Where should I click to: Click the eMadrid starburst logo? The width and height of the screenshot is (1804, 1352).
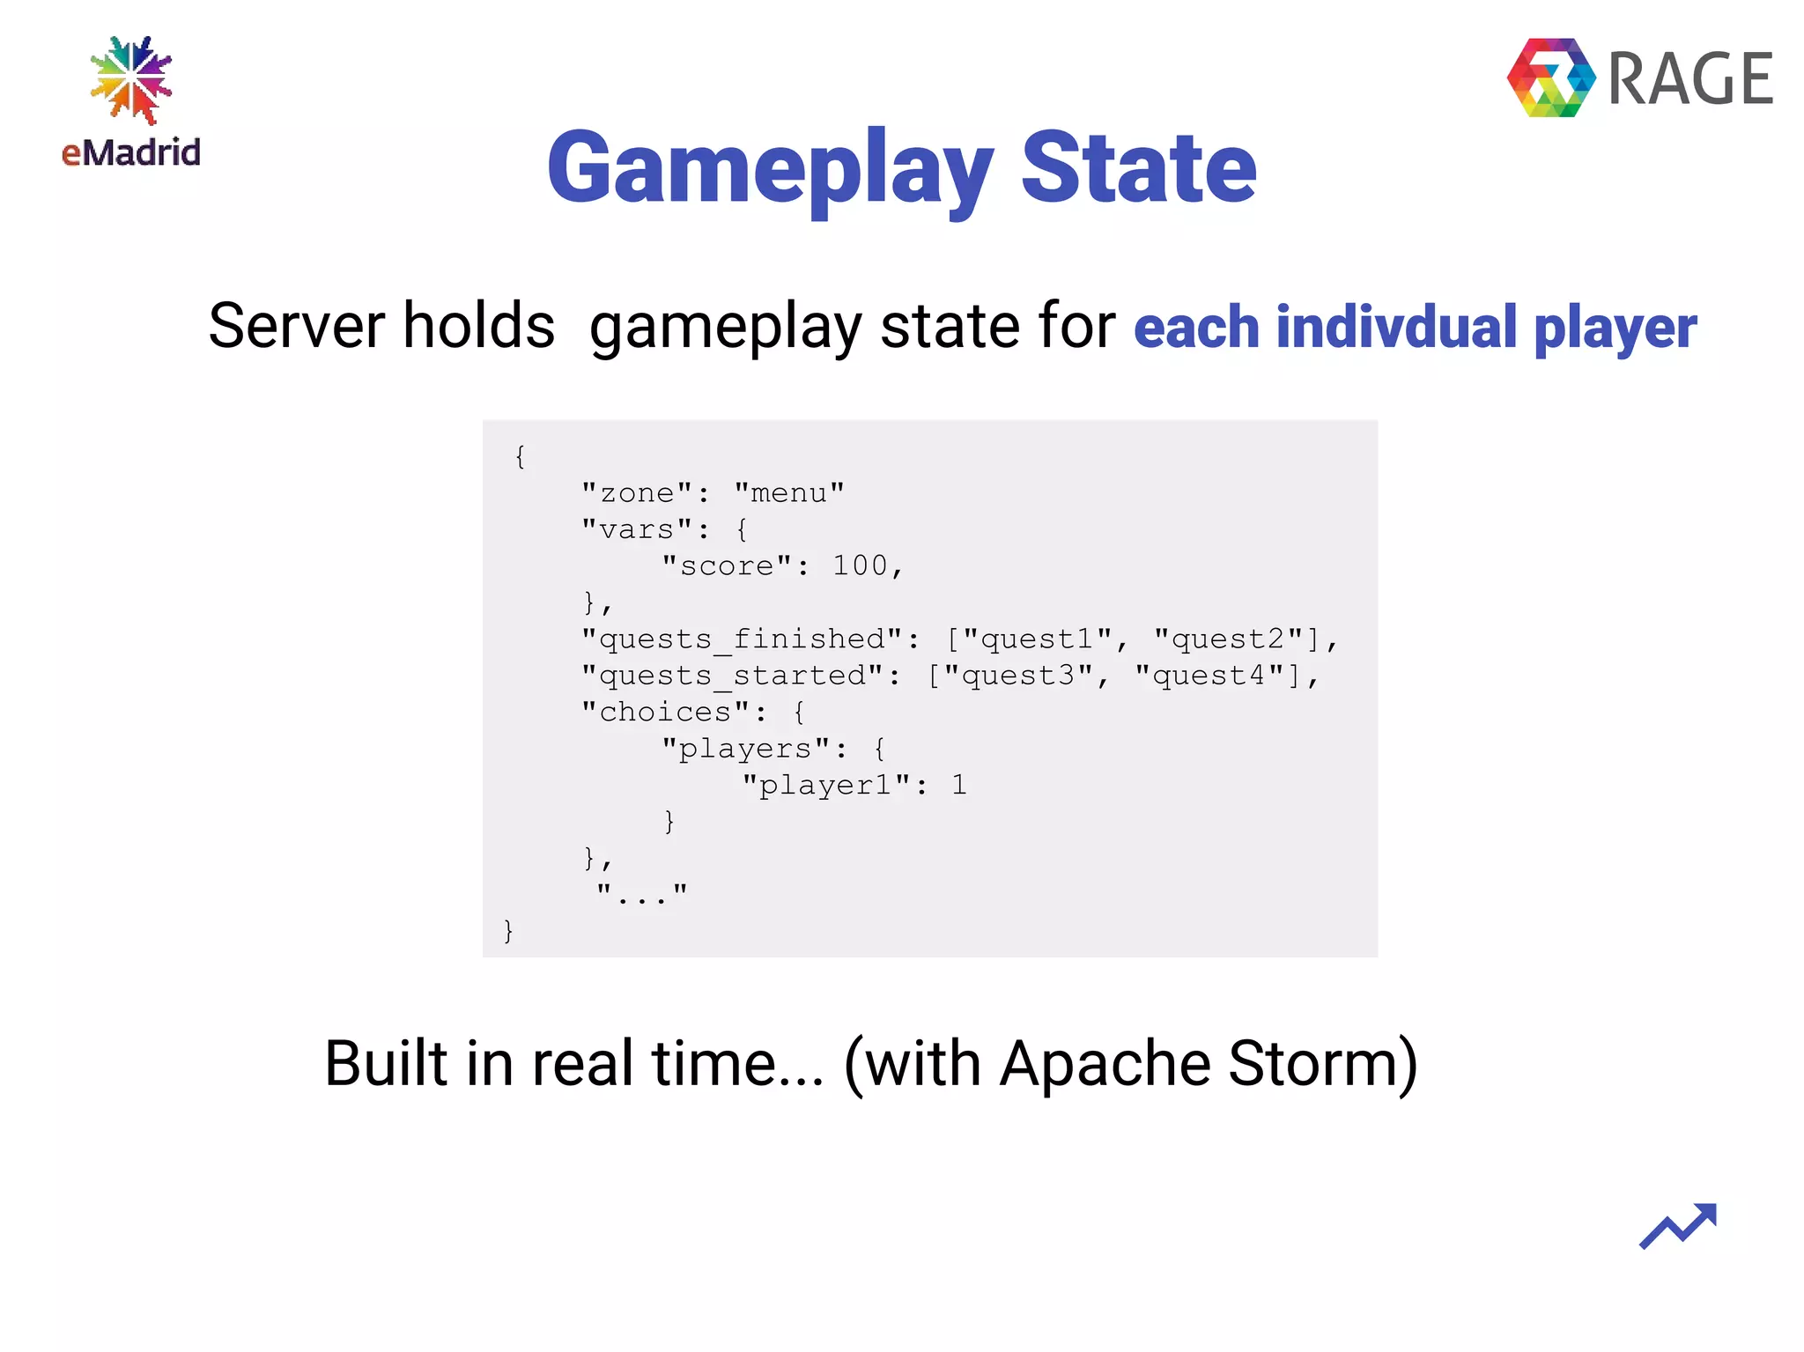tap(131, 79)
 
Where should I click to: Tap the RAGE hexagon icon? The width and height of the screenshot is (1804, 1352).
tap(1550, 78)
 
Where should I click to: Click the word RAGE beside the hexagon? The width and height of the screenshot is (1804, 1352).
tap(1690, 79)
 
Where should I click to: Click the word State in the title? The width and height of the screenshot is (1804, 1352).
tap(1138, 167)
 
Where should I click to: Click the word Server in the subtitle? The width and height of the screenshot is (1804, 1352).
tap(296, 326)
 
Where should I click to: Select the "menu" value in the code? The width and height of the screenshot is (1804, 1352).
tap(789, 493)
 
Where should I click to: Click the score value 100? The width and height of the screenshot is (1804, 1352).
tap(860, 565)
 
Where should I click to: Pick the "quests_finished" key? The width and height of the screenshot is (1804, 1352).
tap(742, 639)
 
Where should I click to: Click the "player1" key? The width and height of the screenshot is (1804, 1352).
tap(825, 785)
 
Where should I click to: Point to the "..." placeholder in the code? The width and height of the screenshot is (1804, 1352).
tap(641, 894)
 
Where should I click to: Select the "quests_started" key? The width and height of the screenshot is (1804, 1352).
tap(733, 676)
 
